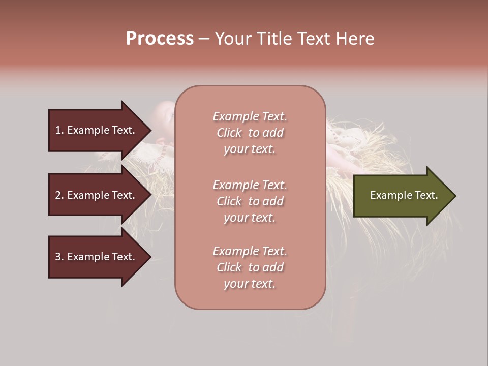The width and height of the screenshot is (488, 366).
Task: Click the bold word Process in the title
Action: pyautogui.click(x=160, y=39)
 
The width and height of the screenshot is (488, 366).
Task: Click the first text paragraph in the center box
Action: pyautogui.click(x=250, y=133)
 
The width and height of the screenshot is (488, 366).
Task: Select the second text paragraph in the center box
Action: pyautogui.click(x=250, y=201)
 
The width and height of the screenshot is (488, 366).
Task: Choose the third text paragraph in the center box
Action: pyautogui.click(x=250, y=267)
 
